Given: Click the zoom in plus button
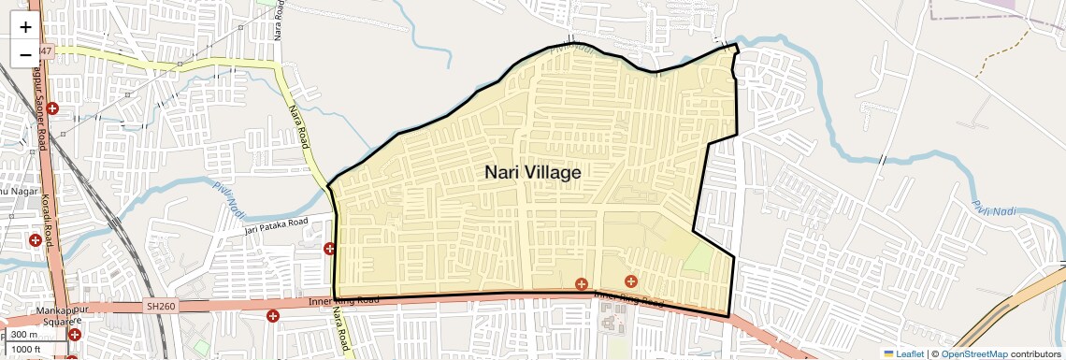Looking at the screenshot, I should click(25, 27).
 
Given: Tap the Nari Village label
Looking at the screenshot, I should click(533, 173).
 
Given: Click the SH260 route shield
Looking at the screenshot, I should click(161, 306).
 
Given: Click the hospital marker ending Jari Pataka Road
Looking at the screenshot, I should click(329, 249).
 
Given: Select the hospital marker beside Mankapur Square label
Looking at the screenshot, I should click(74, 334).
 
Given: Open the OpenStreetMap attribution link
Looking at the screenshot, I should click(973, 353).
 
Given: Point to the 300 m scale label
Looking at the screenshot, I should click(24, 335).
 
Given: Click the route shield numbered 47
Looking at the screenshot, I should click(47, 50).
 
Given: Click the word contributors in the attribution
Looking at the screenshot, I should click(1036, 353).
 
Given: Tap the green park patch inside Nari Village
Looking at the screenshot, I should click(698, 258).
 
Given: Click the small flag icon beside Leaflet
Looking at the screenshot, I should click(889, 353).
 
